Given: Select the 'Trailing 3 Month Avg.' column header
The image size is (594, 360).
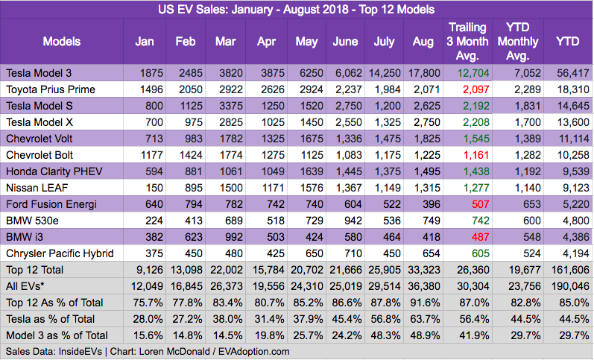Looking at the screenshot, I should pos(467,41).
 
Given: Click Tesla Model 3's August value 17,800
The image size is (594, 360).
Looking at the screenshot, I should pos(422,73).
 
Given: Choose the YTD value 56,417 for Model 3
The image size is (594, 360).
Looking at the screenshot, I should pos(567,73).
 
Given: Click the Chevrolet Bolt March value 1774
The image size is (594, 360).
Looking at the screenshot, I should pos(226,154).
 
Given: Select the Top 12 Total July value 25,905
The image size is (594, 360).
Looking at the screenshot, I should pos(380,269).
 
